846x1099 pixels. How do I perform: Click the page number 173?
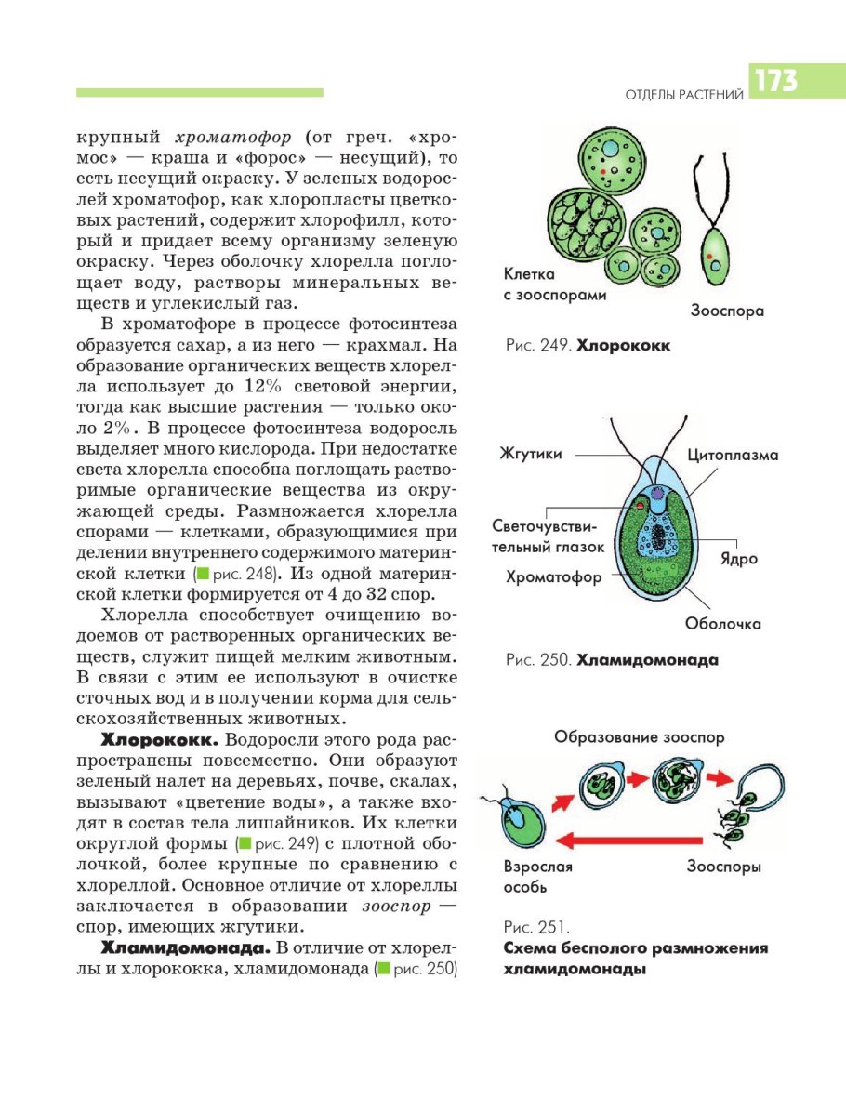776,82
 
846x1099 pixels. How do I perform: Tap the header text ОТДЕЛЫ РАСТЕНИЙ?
684,94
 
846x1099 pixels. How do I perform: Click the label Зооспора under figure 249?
727,311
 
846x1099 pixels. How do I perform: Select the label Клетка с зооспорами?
555,285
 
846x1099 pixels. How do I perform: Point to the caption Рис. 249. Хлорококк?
588,346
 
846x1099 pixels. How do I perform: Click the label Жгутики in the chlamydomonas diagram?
532,455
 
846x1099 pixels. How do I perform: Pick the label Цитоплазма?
734,455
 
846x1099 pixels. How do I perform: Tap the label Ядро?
739,559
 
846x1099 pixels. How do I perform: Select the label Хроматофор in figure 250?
554,576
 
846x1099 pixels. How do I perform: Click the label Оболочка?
723,624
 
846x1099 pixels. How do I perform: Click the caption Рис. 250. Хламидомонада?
613,661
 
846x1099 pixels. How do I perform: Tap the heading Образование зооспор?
640,737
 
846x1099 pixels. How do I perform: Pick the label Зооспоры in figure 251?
724,867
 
